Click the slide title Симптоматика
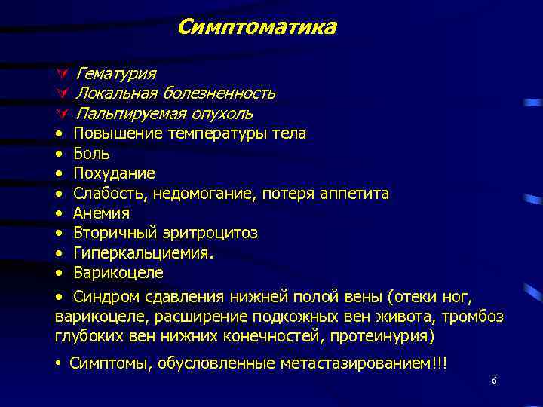pos(256,28)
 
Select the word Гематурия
pos(115,73)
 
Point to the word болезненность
pos(219,93)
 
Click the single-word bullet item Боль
pos(91,154)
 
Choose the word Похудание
pos(114,173)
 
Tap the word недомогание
pos(205,194)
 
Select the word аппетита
pos(354,194)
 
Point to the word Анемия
pos(101,213)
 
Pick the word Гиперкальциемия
pos(143,253)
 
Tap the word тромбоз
pos(474,316)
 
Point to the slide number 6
pos(494,381)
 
